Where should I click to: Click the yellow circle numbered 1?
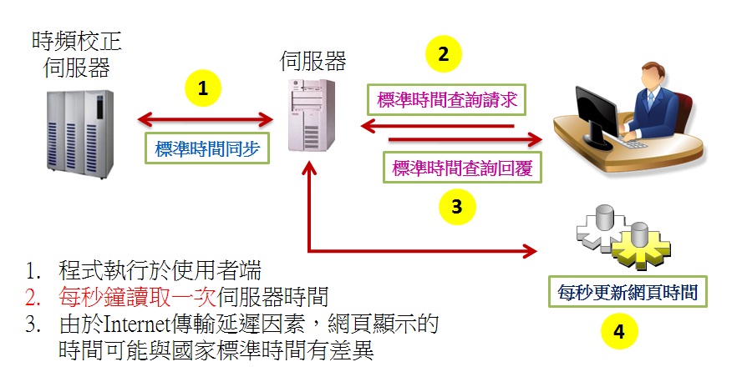pos(203,88)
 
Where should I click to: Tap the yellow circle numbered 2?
pos(444,54)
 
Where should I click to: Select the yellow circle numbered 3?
pos(457,207)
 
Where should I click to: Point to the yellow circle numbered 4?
pos(619,331)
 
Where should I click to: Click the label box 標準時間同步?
pos(207,148)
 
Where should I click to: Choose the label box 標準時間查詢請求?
pos(447,99)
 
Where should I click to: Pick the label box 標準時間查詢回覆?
pos(462,167)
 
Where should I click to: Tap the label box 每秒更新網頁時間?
pos(628,292)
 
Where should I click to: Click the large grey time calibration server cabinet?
pos(79,133)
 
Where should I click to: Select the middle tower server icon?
pos(312,115)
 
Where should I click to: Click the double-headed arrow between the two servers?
pos(206,119)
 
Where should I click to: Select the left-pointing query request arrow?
pos(437,126)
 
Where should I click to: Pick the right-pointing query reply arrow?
pos(465,139)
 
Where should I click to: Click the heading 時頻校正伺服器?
pos(77,54)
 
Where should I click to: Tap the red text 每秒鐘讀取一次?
pos(137,297)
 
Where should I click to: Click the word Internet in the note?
pos(136,324)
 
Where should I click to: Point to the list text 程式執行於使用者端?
pos(160,270)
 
